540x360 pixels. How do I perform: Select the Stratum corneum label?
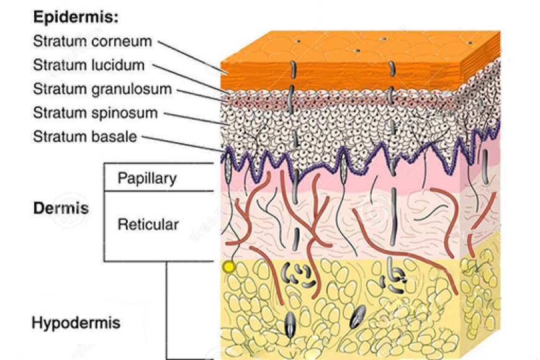pyautogui.click(x=92, y=42)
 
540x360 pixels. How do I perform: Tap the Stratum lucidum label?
pyautogui.click(x=89, y=65)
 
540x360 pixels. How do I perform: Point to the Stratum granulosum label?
pyautogui.click(x=102, y=89)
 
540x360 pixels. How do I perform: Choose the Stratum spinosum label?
pyautogui.click(x=96, y=113)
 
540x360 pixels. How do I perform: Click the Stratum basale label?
pyautogui.click(x=85, y=137)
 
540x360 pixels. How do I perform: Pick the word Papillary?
pyautogui.click(x=147, y=179)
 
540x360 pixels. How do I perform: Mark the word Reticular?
pyautogui.click(x=148, y=225)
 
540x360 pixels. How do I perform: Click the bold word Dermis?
pyautogui.click(x=61, y=208)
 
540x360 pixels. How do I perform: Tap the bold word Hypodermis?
pyautogui.click(x=76, y=323)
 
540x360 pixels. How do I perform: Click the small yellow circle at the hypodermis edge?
pyautogui.click(x=229, y=267)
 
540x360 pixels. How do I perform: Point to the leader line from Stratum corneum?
pyautogui.click(x=193, y=57)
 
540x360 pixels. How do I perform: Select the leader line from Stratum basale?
pyautogui.click(x=183, y=144)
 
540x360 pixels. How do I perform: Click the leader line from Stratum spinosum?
pyautogui.click(x=196, y=119)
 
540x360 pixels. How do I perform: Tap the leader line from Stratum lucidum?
pyautogui.click(x=191, y=79)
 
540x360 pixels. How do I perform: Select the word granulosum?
pyautogui.click(x=132, y=89)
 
